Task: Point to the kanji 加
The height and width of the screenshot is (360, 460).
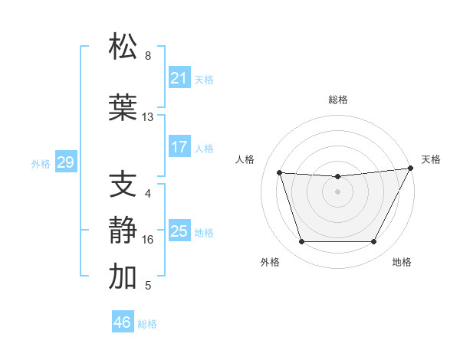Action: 123,277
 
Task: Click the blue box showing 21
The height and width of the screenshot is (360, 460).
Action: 179,78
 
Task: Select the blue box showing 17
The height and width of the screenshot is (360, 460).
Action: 179,147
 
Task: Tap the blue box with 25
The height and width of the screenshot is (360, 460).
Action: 179,231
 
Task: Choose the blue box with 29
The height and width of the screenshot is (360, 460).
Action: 65,162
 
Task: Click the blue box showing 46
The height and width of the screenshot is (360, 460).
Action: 123,322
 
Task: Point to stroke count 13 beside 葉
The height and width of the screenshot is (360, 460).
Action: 148,117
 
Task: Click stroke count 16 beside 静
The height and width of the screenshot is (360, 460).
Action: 148,240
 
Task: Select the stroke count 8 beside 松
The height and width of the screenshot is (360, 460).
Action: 148,56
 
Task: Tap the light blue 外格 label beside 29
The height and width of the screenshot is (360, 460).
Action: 41,163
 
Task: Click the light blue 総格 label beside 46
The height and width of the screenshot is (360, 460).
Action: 148,324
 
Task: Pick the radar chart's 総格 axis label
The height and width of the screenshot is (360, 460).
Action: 337,100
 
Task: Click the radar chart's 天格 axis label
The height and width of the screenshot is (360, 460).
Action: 431,159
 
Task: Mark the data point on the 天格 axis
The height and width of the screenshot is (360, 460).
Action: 412,169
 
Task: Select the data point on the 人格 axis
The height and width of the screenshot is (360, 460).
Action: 280,173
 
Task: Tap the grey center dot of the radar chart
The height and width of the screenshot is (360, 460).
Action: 337,191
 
